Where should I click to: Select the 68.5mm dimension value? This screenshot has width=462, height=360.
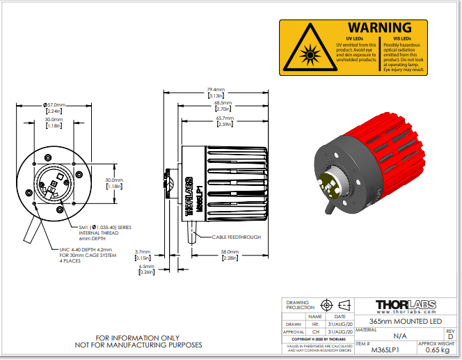(223, 104)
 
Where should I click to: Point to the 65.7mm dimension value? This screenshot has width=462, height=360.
(224, 118)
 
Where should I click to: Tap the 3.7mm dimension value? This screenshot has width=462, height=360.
(143, 251)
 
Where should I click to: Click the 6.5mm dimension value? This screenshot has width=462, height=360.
(146, 266)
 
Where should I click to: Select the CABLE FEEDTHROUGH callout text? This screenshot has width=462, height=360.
(237, 237)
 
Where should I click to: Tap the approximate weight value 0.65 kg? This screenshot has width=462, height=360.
(436, 350)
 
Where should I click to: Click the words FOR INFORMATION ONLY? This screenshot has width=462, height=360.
(138, 337)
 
